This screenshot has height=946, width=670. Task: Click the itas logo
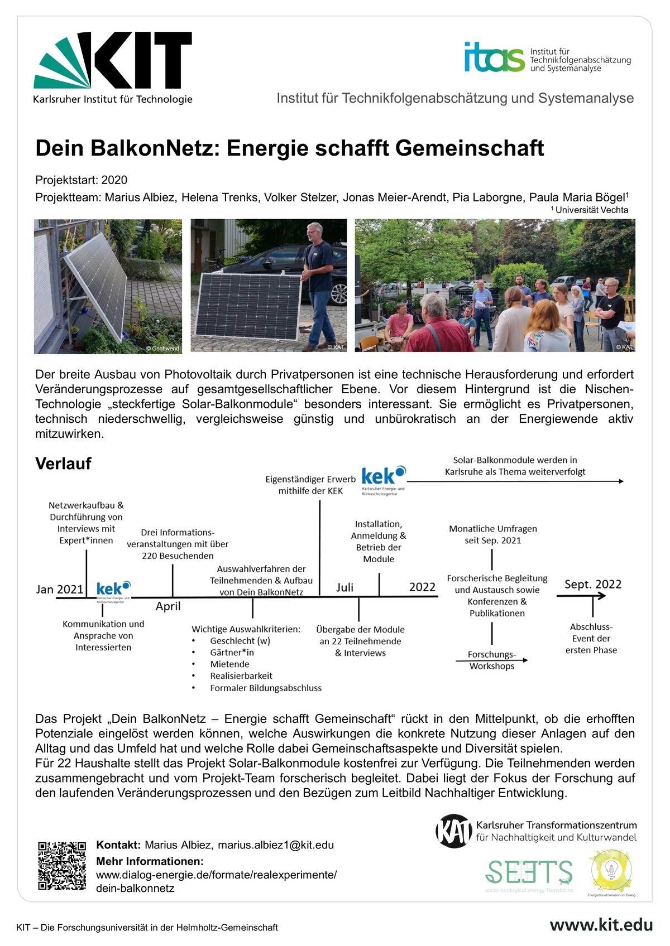click(x=494, y=57)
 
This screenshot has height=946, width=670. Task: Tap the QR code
click(x=62, y=866)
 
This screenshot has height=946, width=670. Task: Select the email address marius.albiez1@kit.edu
click(x=276, y=845)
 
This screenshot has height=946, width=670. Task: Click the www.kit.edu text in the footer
click(x=601, y=925)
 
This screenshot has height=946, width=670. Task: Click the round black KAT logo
click(x=453, y=831)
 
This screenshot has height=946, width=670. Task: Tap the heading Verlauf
click(x=63, y=464)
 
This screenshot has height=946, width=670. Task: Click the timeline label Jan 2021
click(x=60, y=590)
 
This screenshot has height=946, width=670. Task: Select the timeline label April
click(x=168, y=606)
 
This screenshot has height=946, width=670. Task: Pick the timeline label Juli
click(x=344, y=587)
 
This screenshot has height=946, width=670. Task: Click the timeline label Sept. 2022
click(x=593, y=584)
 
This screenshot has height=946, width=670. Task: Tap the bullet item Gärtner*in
click(x=232, y=653)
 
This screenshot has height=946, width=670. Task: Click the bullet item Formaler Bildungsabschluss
click(x=266, y=688)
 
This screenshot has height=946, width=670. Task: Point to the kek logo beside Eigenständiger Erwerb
click(x=384, y=478)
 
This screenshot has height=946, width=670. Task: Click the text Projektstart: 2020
click(x=82, y=180)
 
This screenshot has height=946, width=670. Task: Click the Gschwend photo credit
click(x=162, y=349)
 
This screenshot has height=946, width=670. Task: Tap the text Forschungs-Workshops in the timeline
click(x=492, y=660)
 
